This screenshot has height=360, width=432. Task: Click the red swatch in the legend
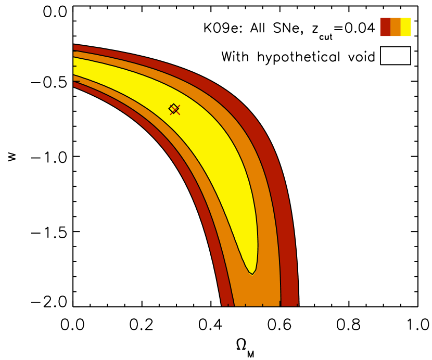click(385, 27)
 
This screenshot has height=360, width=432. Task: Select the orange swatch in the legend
click(396, 27)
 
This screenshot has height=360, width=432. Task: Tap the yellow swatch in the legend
click(406, 27)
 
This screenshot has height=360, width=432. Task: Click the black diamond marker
click(173, 108)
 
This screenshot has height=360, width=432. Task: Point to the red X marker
click(175, 110)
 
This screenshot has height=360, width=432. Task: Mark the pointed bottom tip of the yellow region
click(252, 274)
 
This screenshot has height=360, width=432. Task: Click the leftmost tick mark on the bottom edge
click(228, 305)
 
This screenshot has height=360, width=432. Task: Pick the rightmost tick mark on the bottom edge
click(297, 305)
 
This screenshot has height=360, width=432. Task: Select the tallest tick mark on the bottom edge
click(280, 303)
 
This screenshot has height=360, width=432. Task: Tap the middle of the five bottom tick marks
click(262, 305)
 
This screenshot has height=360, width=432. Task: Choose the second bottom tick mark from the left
click(245, 305)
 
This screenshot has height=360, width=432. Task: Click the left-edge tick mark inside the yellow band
click(75, 66)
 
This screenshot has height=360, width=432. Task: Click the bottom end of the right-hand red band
click(289, 303)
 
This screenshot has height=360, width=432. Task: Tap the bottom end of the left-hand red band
click(228, 303)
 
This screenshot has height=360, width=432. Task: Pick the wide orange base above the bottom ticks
click(258, 294)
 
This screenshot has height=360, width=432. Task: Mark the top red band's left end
click(75, 47)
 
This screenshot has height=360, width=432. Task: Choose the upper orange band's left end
click(75, 54)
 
